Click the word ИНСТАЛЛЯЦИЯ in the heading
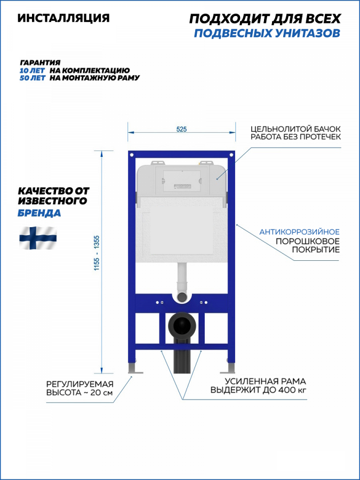coord(63,18)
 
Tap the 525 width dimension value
coord(181,129)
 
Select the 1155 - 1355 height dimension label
coord(97,253)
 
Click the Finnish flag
coord(38,237)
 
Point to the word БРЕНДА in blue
coord(39,213)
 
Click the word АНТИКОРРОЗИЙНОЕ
coord(299,232)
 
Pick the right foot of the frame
coord(228,367)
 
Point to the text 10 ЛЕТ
coord(32,71)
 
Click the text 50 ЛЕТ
coord(33,78)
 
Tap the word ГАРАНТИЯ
coord(40,63)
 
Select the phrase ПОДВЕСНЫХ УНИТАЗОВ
coord(267,33)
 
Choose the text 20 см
coord(102,393)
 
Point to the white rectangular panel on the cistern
coord(181,229)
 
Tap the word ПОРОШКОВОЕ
coord(308,241)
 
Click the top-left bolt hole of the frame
coord(132,155)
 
